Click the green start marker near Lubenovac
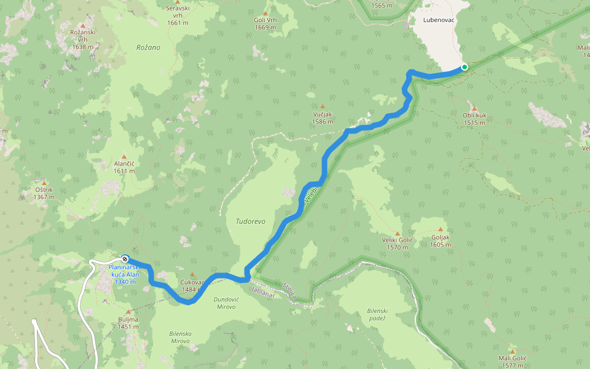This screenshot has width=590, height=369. pos(465,67)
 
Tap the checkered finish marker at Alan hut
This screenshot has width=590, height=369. pos(125,259)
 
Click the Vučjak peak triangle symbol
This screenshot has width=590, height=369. pos(322,106)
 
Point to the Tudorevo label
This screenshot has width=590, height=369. pos(251,221)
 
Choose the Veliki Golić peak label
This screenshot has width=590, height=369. pos(398,244)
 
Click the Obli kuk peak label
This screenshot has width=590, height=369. pos(475,119)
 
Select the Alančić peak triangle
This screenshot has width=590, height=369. pos(124,156)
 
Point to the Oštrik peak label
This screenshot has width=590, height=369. pos(44,194)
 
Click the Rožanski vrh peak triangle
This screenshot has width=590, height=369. pos(82,25)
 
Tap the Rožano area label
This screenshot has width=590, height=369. pos(148,47)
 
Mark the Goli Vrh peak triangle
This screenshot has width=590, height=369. pos(265,13)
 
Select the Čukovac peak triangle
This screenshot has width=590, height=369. pos(192,275)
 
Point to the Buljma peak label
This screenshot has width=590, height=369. pos(128,323)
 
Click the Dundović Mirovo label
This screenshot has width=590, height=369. pos(225,303)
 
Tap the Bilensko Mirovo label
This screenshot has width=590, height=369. pos(180,337)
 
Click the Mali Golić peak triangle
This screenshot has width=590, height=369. pos(512,351)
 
